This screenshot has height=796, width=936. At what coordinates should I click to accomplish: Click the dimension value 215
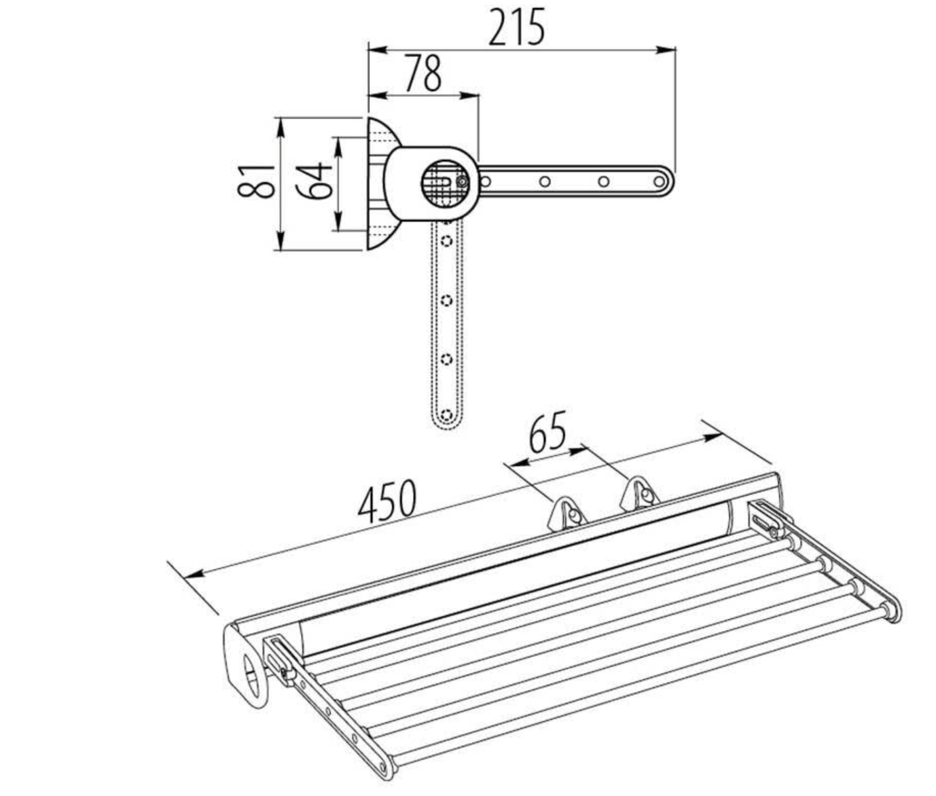(x=516, y=28)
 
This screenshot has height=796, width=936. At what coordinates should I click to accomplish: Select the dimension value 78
(x=422, y=74)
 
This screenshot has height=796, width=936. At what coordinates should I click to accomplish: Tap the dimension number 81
(x=257, y=181)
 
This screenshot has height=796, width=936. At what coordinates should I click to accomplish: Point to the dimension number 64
(x=314, y=181)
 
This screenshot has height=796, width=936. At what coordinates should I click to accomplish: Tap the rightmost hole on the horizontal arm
(x=658, y=181)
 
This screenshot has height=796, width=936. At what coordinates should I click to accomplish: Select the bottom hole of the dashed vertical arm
(x=446, y=414)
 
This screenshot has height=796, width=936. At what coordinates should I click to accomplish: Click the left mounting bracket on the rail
(x=567, y=513)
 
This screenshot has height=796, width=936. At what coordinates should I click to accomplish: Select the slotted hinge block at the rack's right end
(x=766, y=519)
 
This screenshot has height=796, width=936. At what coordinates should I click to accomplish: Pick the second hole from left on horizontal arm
(x=544, y=181)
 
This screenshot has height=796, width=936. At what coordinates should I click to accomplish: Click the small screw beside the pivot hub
(x=463, y=182)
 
